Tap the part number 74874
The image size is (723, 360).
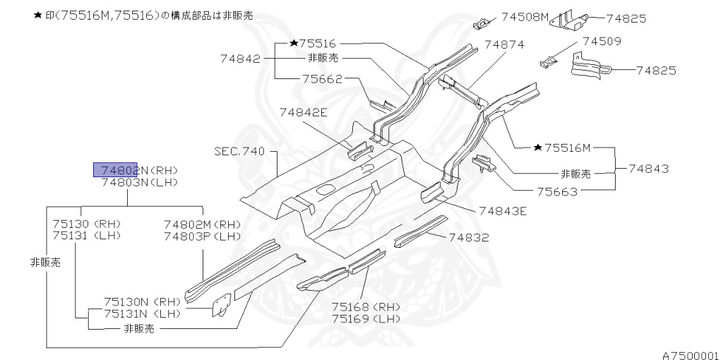pos(504,44)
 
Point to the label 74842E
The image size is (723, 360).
pos(303,112)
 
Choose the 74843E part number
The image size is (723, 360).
pos(503,210)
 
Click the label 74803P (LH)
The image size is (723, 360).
pos(202,236)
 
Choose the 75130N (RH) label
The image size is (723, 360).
pos(143,301)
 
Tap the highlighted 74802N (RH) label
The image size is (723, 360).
pos(138,170)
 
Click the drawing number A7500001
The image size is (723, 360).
pos(690,355)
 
